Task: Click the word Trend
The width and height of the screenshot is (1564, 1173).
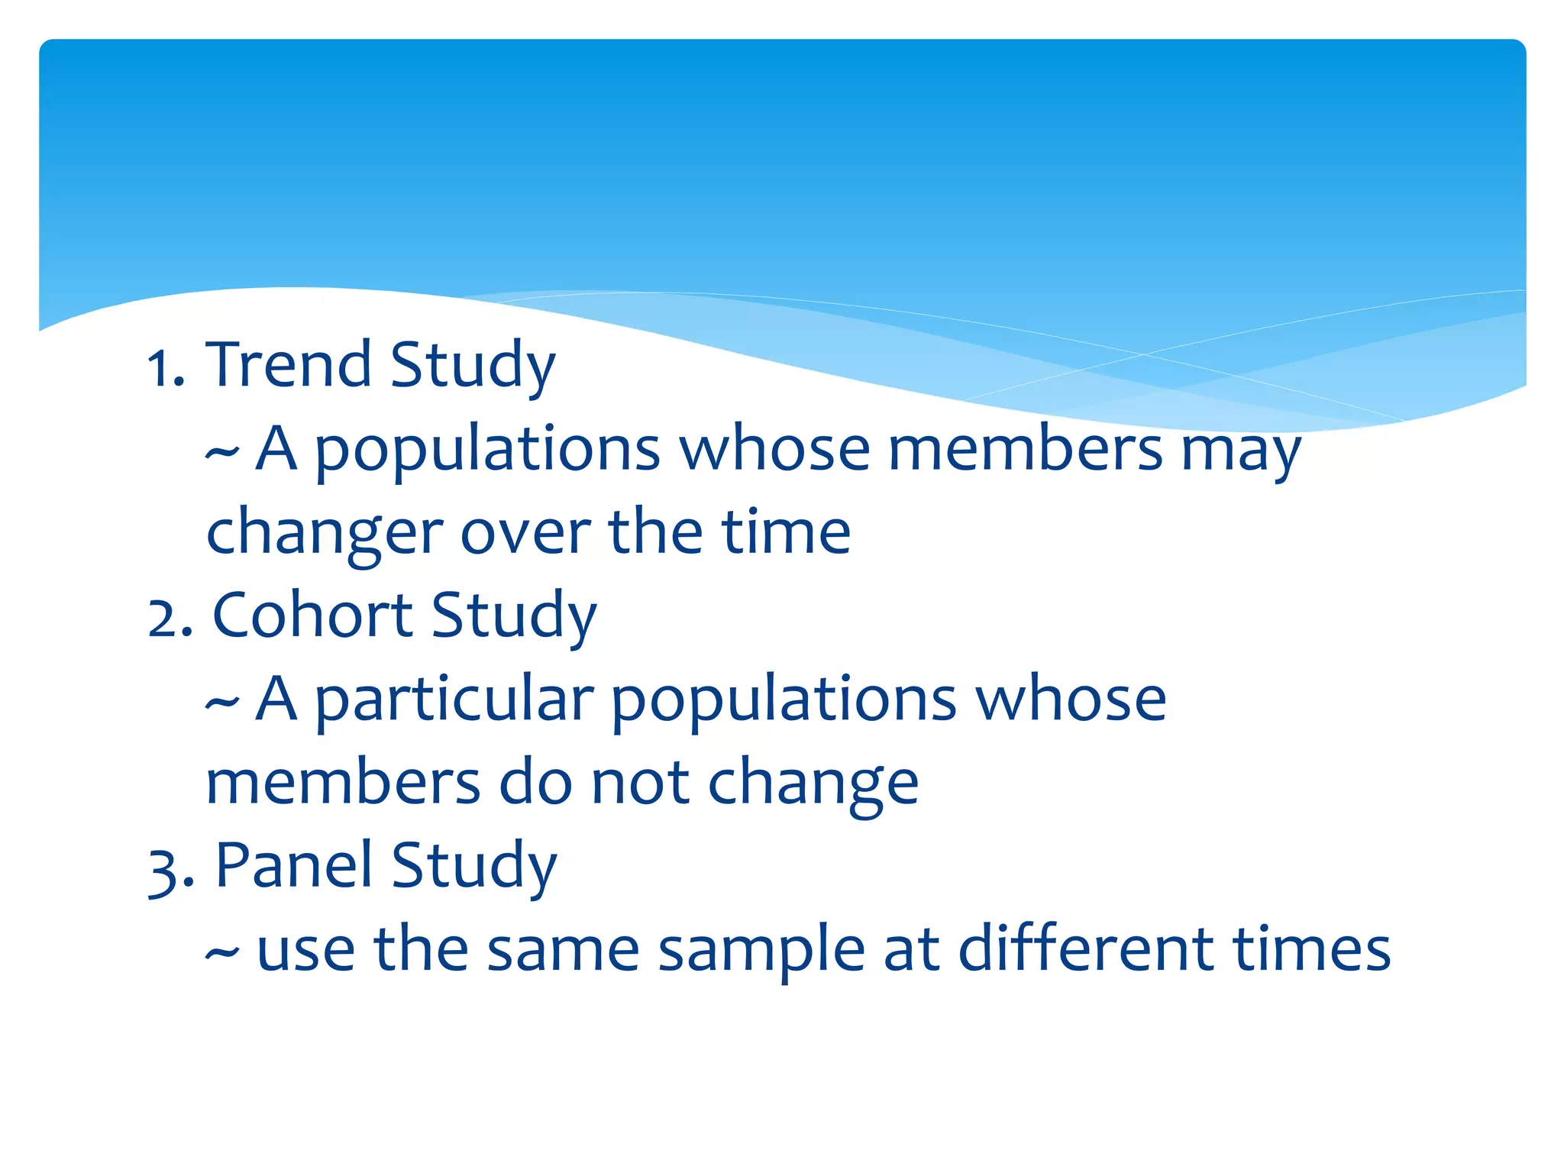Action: [x=289, y=364]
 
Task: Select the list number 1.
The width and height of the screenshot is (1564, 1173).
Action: [x=165, y=368]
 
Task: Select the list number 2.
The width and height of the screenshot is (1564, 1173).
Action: [x=170, y=618]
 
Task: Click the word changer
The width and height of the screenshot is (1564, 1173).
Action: [x=325, y=533]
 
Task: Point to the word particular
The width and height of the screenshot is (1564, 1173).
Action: [x=454, y=701]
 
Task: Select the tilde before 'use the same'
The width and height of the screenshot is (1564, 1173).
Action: [x=222, y=953]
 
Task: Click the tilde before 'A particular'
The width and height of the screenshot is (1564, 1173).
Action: [x=222, y=703]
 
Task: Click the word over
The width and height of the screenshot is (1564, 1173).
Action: [x=525, y=533]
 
